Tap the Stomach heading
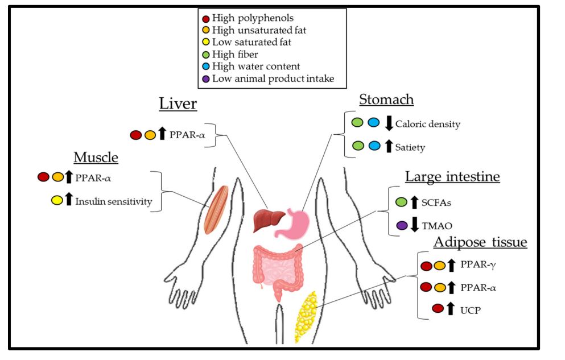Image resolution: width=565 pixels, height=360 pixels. click(386, 100)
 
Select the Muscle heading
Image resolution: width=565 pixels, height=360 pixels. click(96, 157)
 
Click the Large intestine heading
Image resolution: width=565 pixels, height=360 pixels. click(452, 177)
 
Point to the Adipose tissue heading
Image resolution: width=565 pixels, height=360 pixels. click(480, 243)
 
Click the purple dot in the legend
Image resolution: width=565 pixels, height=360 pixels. click(205, 78)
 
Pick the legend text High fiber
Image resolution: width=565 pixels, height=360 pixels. click(235, 55)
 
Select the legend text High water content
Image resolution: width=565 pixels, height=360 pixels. click(256, 67)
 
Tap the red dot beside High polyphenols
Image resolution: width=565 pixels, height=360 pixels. click(205, 18)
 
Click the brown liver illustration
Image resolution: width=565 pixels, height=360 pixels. click(269, 218)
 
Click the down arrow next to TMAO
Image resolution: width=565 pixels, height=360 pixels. click(415, 225)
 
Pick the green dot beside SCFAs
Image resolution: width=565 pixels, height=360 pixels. click(401, 202)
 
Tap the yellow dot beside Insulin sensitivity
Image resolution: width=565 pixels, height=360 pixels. click(56, 200)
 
